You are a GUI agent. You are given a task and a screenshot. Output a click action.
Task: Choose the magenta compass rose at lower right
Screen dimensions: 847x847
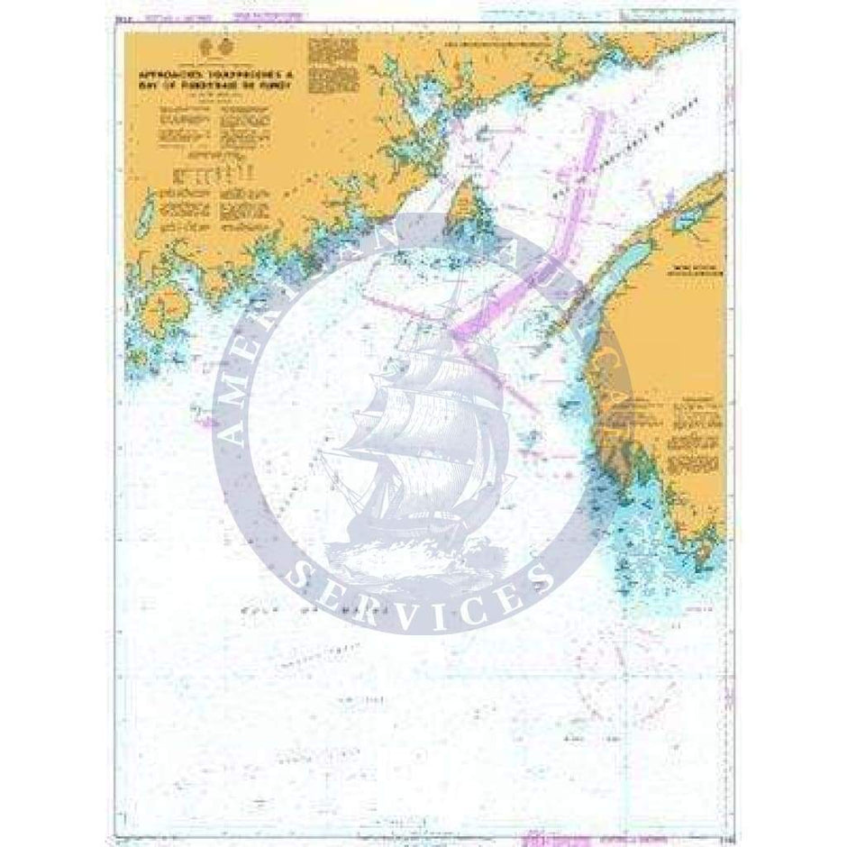(631, 712)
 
